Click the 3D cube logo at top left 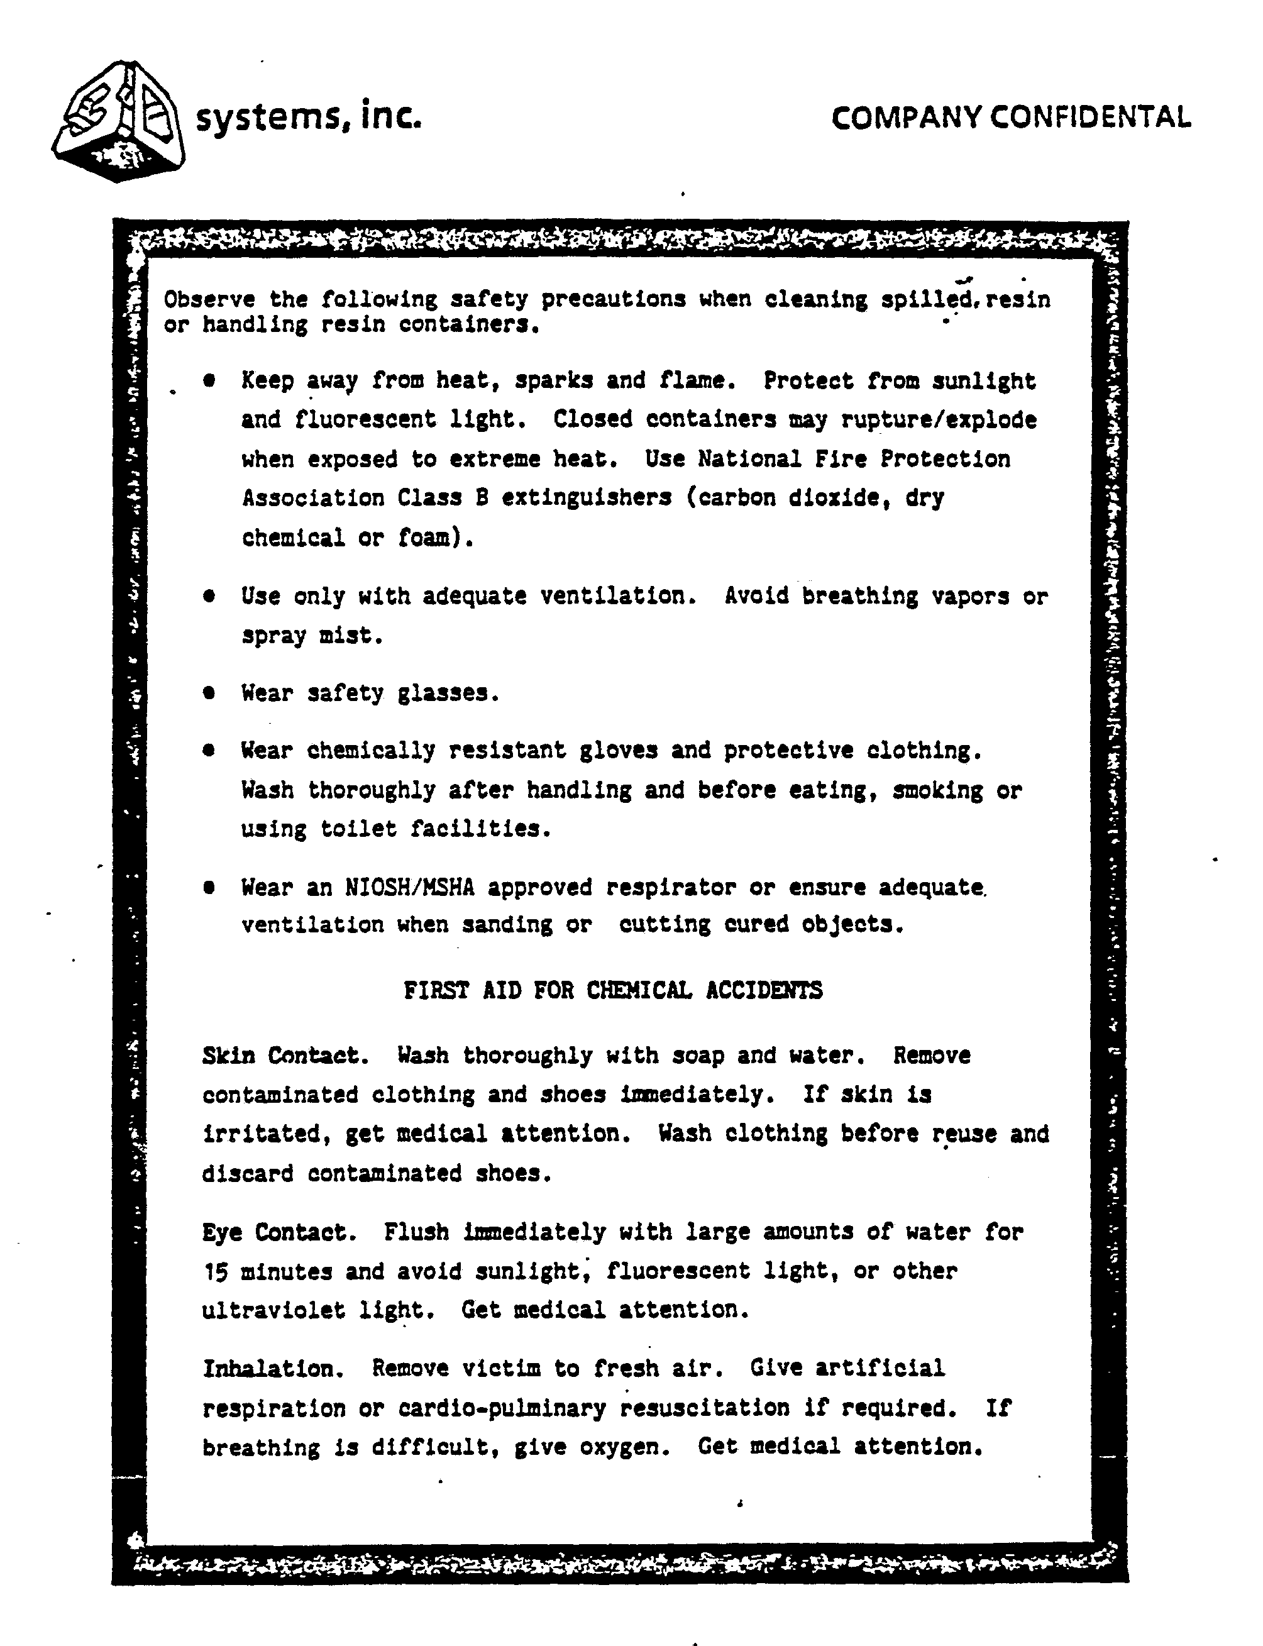pyautogui.click(x=119, y=120)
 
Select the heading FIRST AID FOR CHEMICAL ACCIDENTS pyautogui.click(x=613, y=990)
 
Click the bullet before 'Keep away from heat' pyautogui.click(x=209, y=380)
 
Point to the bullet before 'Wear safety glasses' pyautogui.click(x=209, y=692)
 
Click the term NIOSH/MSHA pyautogui.click(x=410, y=888)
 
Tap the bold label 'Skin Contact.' pyautogui.click(x=285, y=1056)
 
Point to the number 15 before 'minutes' pyautogui.click(x=215, y=1271)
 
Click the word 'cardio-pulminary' pyautogui.click(x=502, y=1408)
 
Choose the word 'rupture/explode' pyautogui.click(x=939, y=419)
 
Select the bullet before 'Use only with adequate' pyautogui.click(x=209, y=595)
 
